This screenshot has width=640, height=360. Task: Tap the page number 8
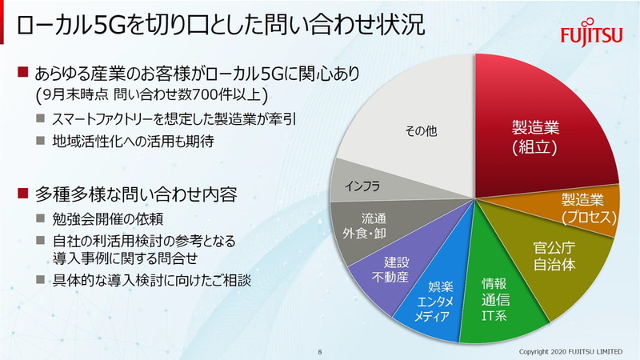coord(320,351)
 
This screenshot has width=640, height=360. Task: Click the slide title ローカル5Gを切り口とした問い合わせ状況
coord(216,26)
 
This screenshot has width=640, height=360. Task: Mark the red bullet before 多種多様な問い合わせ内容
coord(22,193)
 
